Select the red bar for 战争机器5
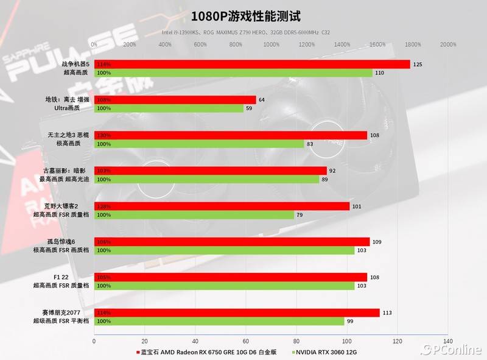(x=252, y=64)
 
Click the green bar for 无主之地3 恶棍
(x=199, y=144)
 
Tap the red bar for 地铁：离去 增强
(x=175, y=99)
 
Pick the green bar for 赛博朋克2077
(x=219, y=321)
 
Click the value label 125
(x=418, y=64)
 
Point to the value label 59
(x=249, y=108)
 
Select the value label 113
(x=387, y=312)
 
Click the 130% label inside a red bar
(x=103, y=135)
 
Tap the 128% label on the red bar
(x=103, y=206)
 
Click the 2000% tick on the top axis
(x=447, y=44)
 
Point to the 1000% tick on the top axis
(x=272, y=44)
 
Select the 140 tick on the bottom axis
(x=448, y=341)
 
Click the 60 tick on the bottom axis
(x=246, y=341)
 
